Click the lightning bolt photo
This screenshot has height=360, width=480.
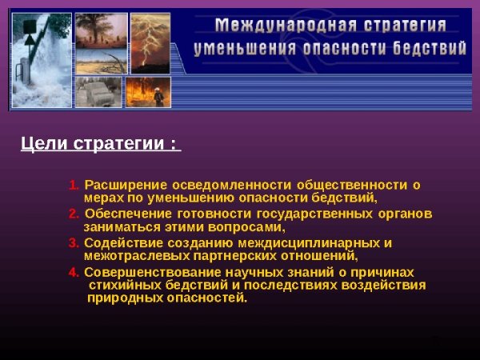(150, 43)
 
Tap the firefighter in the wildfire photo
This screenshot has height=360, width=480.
(158, 95)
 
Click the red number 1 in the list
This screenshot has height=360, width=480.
(74, 186)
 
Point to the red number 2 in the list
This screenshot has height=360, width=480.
(74, 214)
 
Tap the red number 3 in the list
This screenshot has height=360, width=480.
(74, 243)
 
